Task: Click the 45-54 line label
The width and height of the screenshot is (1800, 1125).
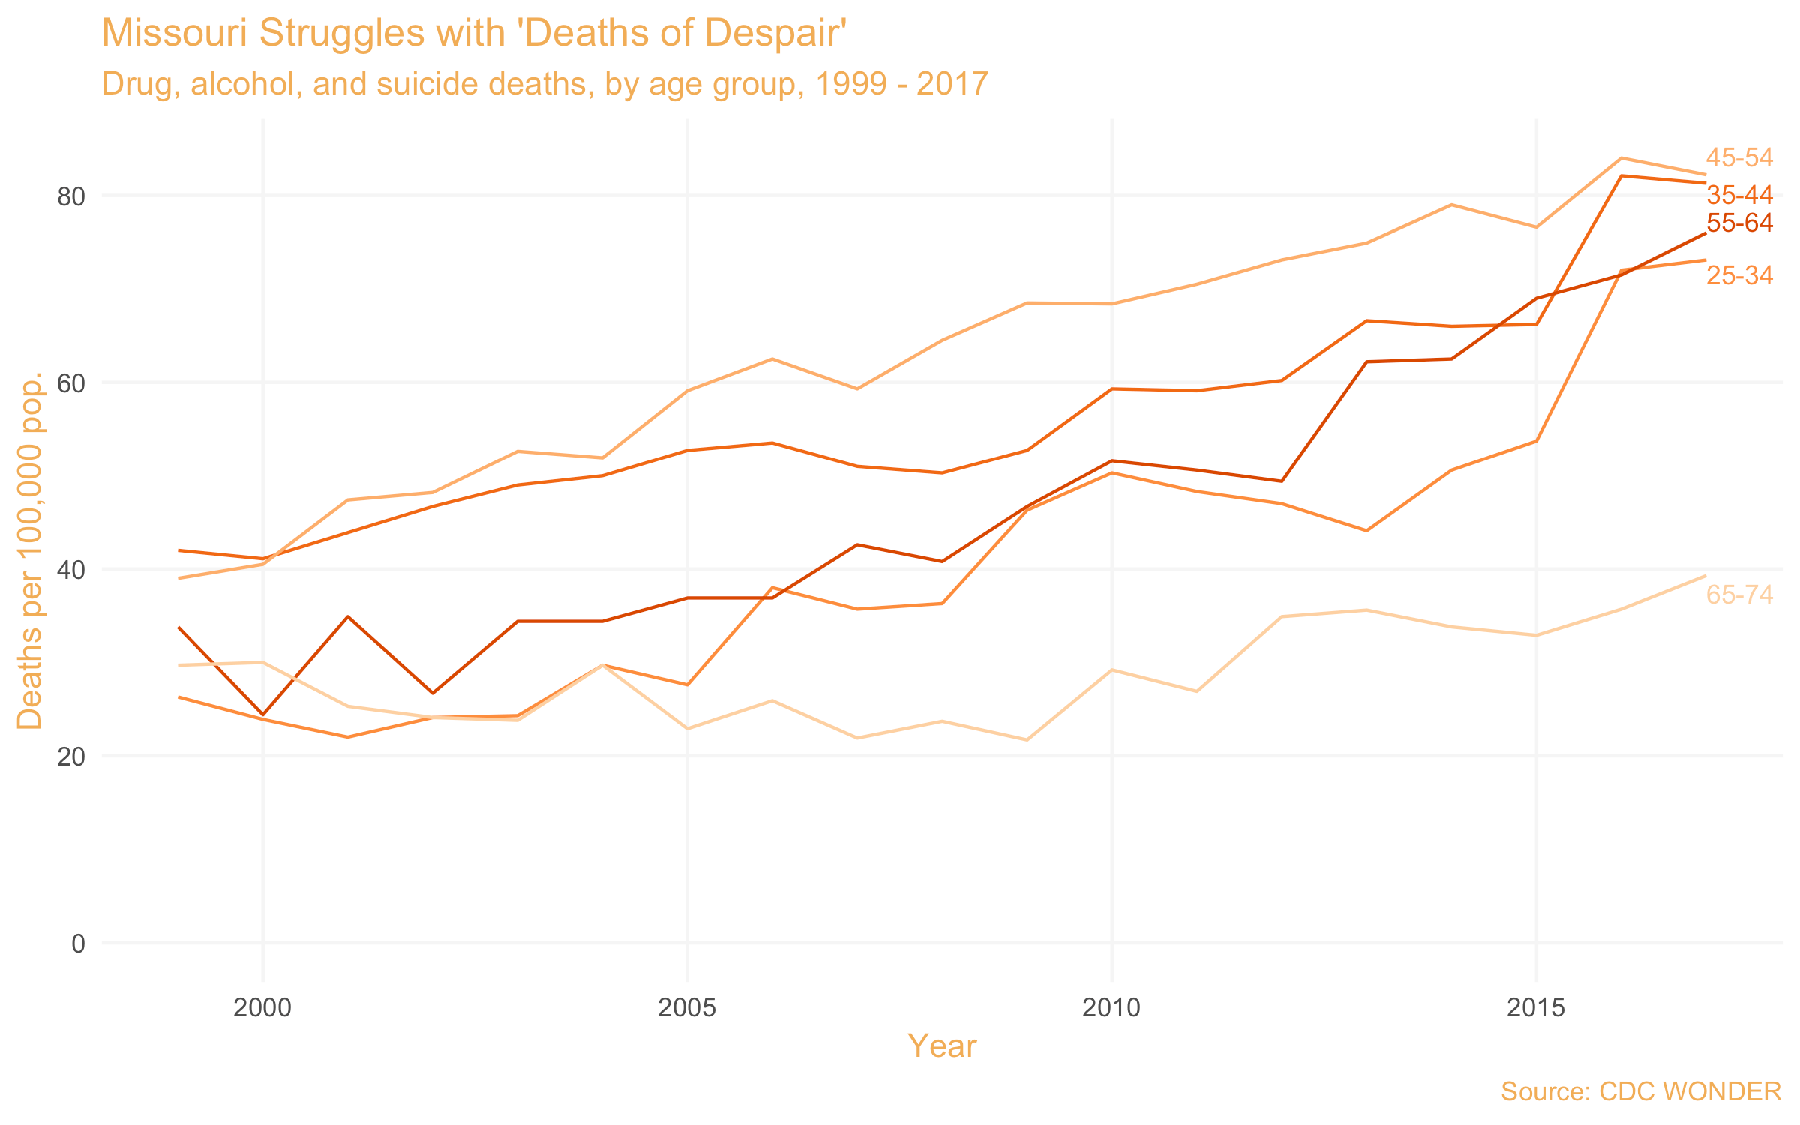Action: pyautogui.click(x=1738, y=158)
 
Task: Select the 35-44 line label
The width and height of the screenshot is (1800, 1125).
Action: pyautogui.click(x=1738, y=196)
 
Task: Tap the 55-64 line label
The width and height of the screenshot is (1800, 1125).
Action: pyautogui.click(x=1738, y=223)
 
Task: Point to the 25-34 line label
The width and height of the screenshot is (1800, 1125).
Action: pyautogui.click(x=1738, y=276)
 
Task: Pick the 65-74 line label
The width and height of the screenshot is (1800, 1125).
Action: pyautogui.click(x=1738, y=595)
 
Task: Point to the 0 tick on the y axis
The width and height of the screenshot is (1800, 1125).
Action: pyautogui.click(x=78, y=943)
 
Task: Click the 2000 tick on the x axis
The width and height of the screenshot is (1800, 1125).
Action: pyautogui.click(x=262, y=1008)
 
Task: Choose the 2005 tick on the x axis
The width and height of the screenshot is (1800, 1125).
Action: pyautogui.click(x=687, y=1008)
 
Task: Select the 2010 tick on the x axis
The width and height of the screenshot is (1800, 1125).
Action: pyautogui.click(x=1111, y=1008)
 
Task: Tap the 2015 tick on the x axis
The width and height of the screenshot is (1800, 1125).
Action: pyautogui.click(x=1536, y=1008)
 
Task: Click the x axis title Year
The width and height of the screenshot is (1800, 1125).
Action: pyautogui.click(x=942, y=1046)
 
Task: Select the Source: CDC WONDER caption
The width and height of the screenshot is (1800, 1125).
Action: pyautogui.click(x=1641, y=1091)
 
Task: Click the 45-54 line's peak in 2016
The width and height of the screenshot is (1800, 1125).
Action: pyautogui.click(x=1621, y=158)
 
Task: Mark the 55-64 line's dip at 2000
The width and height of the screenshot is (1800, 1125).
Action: pyautogui.click(x=262, y=715)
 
